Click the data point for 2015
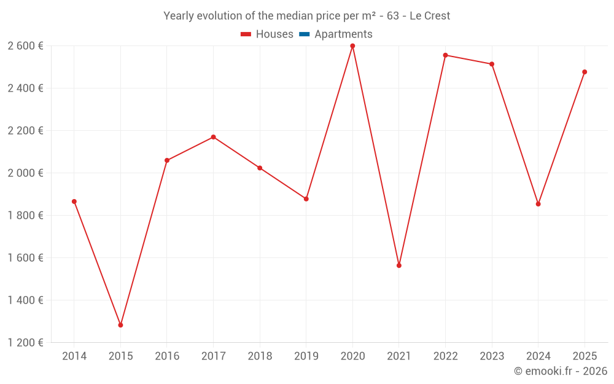[120, 325]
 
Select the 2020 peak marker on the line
[352, 46]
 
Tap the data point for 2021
[399, 265]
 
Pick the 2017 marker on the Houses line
[213, 137]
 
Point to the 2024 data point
[538, 204]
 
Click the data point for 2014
[74, 202]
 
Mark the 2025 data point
[585, 72]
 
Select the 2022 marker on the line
[445, 55]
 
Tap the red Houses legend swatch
[246, 34]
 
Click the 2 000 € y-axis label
[26, 173]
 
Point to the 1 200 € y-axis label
[26, 342]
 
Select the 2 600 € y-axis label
[26, 45]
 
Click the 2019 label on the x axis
[306, 356]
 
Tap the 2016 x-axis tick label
[167, 356]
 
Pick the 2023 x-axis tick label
[492, 356]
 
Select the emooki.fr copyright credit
[561, 371]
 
